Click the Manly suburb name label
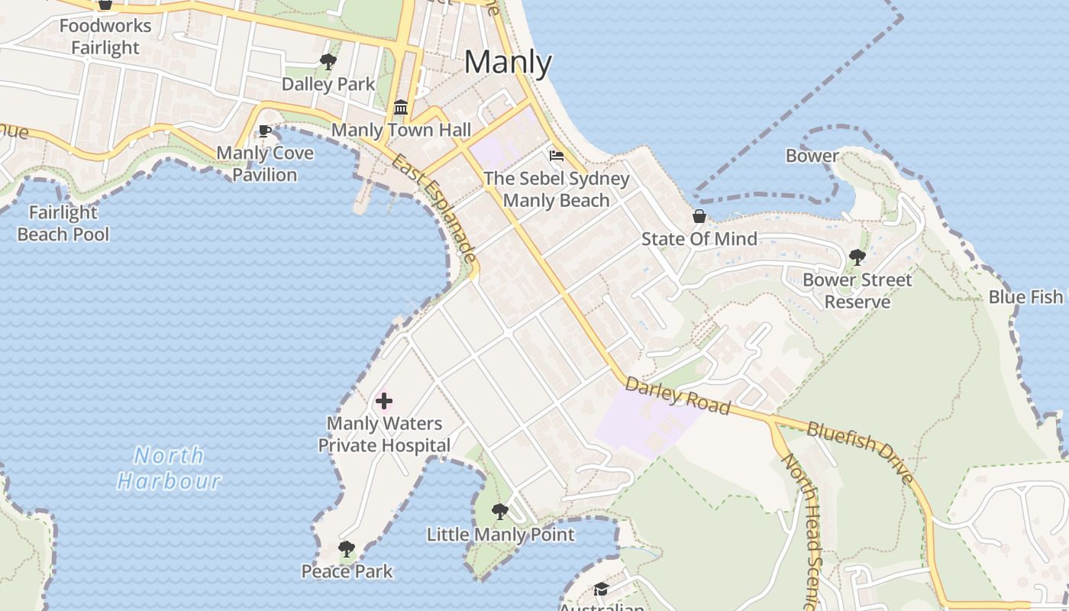pyautogui.click(x=508, y=63)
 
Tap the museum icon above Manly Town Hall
pyautogui.click(x=401, y=107)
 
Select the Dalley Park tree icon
pyautogui.click(x=328, y=62)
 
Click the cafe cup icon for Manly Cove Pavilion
pyautogui.click(x=265, y=131)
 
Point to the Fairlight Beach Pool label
pyautogui.click(x=63, y=223)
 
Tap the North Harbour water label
pyautogui.click(x=169, y=468)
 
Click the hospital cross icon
pyautogui.click(x=384, y=401)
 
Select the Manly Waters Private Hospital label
pyautogui.click(x=384, y=435)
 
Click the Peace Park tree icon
pyautogui.click(x=347, y=548)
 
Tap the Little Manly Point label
pyautogui.click(x=500, y=535)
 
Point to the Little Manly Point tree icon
pyautogui.click(x=500, y=511)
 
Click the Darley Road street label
pyautogui.click(x=677, y=395)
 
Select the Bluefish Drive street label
pyautogui.click(x=861, y=453)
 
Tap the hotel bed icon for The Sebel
pyautogui.click(x=557, y=156)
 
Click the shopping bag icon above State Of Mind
pyautogui.click(x=699, y=216)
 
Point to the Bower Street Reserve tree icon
pyautogui.click(x=857, y=257)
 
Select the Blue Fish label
pyautogui.click(x=1025, y=297)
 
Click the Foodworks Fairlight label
pyautogui.click(x=105, y=37)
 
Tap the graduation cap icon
pyautogui.click(x=601, y=589)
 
